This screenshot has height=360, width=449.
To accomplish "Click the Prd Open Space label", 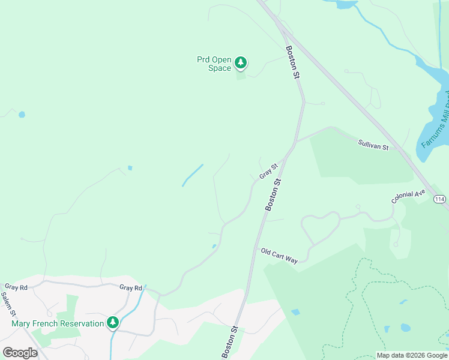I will coord(214,64).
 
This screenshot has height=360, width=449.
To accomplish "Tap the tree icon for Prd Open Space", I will coord(241,62).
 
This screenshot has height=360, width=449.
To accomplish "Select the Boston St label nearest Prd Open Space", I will coord(292,62).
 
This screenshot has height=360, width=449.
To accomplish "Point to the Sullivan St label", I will coord(373,145).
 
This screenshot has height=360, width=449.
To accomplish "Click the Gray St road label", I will coord(269,171).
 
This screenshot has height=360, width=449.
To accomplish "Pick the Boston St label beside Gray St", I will coord(273,194).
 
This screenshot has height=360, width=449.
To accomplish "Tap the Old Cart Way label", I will coord(280,256).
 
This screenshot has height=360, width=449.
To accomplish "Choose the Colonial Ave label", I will coord(408,196).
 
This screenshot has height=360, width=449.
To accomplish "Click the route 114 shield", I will coord(440,199).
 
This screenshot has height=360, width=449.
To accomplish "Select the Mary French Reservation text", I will coord(58,324).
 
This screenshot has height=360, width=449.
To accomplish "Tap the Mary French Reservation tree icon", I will coord(112,323).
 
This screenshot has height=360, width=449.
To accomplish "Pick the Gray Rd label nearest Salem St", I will coord(16,287).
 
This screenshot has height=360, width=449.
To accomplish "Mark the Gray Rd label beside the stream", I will coord(130,288).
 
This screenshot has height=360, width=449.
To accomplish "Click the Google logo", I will coord(20,353).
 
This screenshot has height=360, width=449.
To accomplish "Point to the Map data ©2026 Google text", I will coord(411,355).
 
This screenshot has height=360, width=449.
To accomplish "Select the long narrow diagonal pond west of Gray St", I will coord(193,175).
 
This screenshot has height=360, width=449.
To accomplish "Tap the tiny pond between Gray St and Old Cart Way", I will coord(214,246).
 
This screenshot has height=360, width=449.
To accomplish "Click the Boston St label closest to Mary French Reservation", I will coord(231,342).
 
